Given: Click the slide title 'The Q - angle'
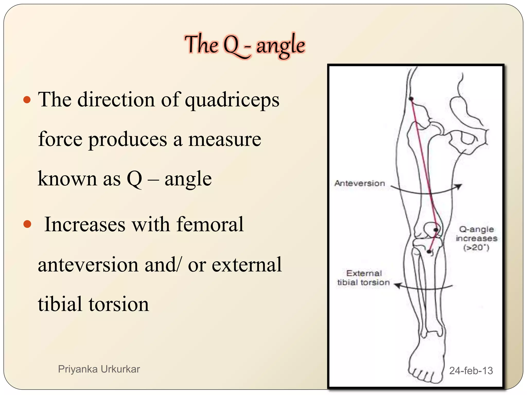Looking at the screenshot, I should tap(244, 45).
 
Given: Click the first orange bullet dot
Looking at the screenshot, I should tap(27, 100).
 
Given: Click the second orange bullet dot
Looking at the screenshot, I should tap(27, 224).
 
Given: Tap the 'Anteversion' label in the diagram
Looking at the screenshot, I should tap(359, 183).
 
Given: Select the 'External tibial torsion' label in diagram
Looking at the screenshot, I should tap(363, 278).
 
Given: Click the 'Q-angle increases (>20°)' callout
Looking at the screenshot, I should tap(476, 238).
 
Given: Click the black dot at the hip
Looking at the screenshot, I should tap(411, 99).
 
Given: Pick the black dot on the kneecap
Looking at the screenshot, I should tap(436, 230).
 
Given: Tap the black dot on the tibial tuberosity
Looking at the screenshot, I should tap(429, 252).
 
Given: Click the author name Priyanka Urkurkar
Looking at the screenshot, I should tap(99, 369).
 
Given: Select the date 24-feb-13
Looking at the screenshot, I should tap(471, 371).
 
